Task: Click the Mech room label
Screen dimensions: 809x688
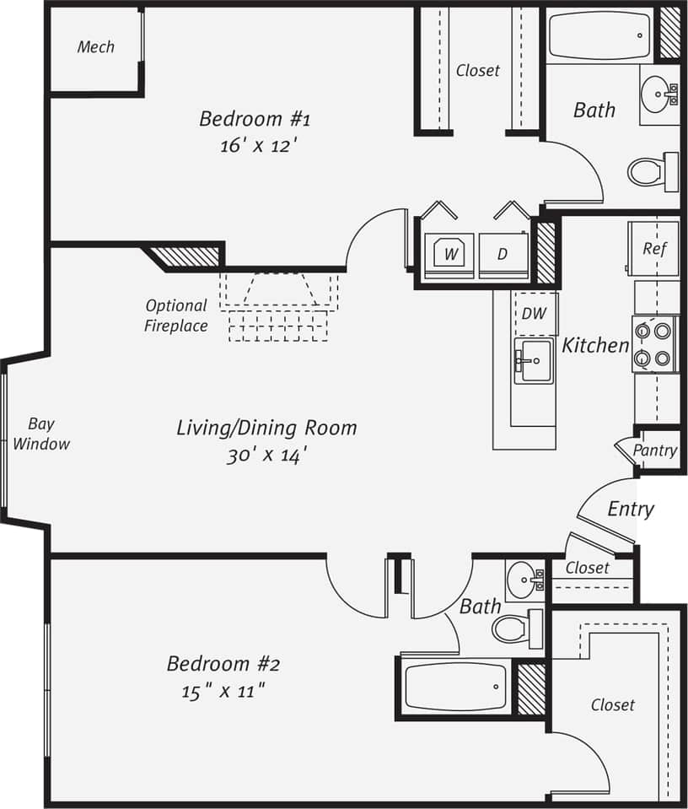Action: tap(95, 47)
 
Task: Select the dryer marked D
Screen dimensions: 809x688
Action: tap(503, 254)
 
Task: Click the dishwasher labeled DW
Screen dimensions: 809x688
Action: tap(534, 313)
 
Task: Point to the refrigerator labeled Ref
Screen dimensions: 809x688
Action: tap(654, 248)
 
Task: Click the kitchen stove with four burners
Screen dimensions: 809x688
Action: tap(655, 344)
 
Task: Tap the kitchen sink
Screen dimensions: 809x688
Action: tap(534, 362)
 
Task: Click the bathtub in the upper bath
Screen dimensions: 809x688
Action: tap(599, 35)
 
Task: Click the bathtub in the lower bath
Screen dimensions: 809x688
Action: tap(455, 687)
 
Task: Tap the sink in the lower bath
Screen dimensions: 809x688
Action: tap(527, 579)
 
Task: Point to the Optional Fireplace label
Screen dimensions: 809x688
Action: tap(175, 316)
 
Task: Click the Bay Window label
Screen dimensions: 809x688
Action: tap(41, 434)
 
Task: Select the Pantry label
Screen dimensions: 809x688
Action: tap(654, 450)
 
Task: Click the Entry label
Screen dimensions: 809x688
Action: tap(630, 509)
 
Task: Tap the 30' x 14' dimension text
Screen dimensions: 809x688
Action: tap(266, 456)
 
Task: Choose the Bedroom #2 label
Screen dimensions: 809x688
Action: tap(223, 663)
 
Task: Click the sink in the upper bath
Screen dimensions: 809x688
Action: tap(658, 92)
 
